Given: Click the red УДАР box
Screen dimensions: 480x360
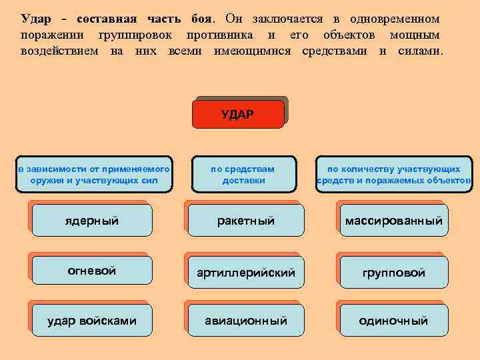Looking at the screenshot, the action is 238,114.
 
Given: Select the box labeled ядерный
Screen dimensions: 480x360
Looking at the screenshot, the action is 93,221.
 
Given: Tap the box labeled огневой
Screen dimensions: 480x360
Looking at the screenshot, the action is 93,271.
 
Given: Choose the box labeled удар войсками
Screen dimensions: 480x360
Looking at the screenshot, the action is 93,321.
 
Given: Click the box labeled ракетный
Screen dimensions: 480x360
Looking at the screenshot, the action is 246,221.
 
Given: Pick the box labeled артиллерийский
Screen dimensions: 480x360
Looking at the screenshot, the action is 246,272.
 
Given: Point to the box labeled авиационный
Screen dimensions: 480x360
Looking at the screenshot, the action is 246,321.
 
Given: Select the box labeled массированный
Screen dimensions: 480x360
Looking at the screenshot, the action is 393,221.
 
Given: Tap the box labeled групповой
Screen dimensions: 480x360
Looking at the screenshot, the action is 393,272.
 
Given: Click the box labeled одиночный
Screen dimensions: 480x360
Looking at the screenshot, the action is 393,321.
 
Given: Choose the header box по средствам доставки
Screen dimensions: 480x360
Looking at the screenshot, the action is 243,175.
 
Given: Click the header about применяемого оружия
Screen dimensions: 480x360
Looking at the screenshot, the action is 94,175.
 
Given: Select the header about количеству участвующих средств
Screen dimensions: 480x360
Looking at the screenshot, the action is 393,175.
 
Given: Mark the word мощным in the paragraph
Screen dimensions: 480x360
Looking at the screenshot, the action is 415,34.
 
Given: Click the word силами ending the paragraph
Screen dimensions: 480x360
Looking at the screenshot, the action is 419,51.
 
